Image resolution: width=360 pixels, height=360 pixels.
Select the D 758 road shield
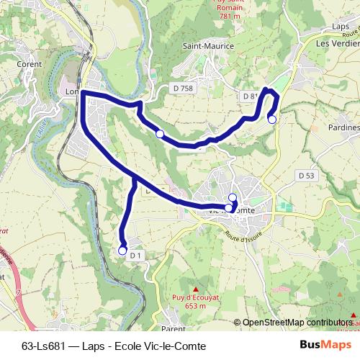pos(183,88)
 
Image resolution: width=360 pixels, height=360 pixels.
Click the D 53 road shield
pos(307,175)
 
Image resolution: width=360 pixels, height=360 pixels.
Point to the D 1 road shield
pos(138,256)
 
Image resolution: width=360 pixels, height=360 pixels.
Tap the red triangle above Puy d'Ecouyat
pos(194,289)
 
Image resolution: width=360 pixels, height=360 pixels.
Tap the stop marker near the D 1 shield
pos(122,251)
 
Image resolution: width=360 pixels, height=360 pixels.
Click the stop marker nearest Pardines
pos(271,120)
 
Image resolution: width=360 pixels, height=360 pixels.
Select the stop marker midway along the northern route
pos(159,134)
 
